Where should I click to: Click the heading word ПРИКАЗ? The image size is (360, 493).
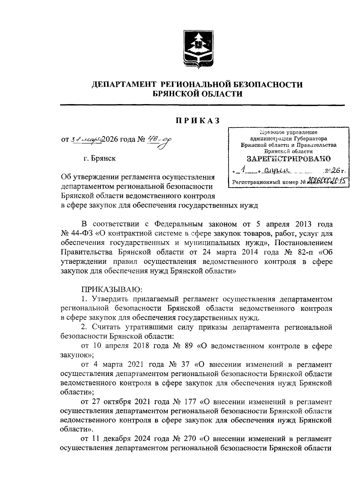point(198,120)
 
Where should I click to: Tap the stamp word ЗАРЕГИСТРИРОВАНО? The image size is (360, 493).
point(289,158)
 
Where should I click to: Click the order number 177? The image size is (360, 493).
point(189,401)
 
